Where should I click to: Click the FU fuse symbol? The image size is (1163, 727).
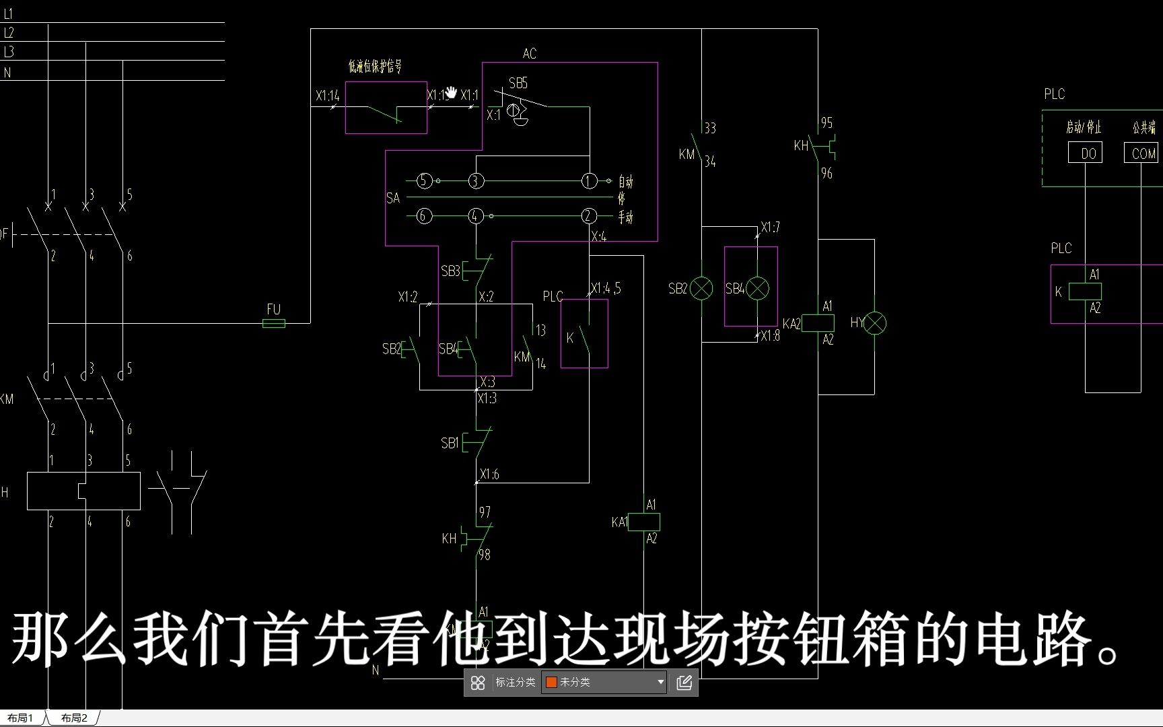(273, 323)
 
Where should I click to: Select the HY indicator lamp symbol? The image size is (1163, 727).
(874, 323)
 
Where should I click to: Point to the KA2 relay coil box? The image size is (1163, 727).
(818, 323)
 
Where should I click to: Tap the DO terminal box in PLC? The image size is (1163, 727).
(1085, 153)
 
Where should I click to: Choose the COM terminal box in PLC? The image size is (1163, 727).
(1141, 153)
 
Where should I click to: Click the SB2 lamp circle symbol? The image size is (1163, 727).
(701, 288)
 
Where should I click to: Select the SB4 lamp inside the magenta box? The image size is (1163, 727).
(758, 288)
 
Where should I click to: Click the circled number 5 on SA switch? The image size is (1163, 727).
(424, 180)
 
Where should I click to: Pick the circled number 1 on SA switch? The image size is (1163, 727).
(589, 180)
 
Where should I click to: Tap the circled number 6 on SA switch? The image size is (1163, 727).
(424, 216)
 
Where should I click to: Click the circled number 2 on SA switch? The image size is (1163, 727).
(589, 216)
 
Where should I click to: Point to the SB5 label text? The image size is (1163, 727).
(518, 83)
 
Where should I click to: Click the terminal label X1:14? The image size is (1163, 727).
(327, 96)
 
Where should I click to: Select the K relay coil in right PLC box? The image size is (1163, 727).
(1085, 291)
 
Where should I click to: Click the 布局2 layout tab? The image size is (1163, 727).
(74, 718)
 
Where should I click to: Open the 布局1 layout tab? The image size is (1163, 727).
(21, 718)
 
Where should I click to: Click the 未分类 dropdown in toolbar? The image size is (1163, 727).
(604, 683)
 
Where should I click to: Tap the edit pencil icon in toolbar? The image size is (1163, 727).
(684, 683)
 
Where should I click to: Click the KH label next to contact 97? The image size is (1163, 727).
(449, 539)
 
